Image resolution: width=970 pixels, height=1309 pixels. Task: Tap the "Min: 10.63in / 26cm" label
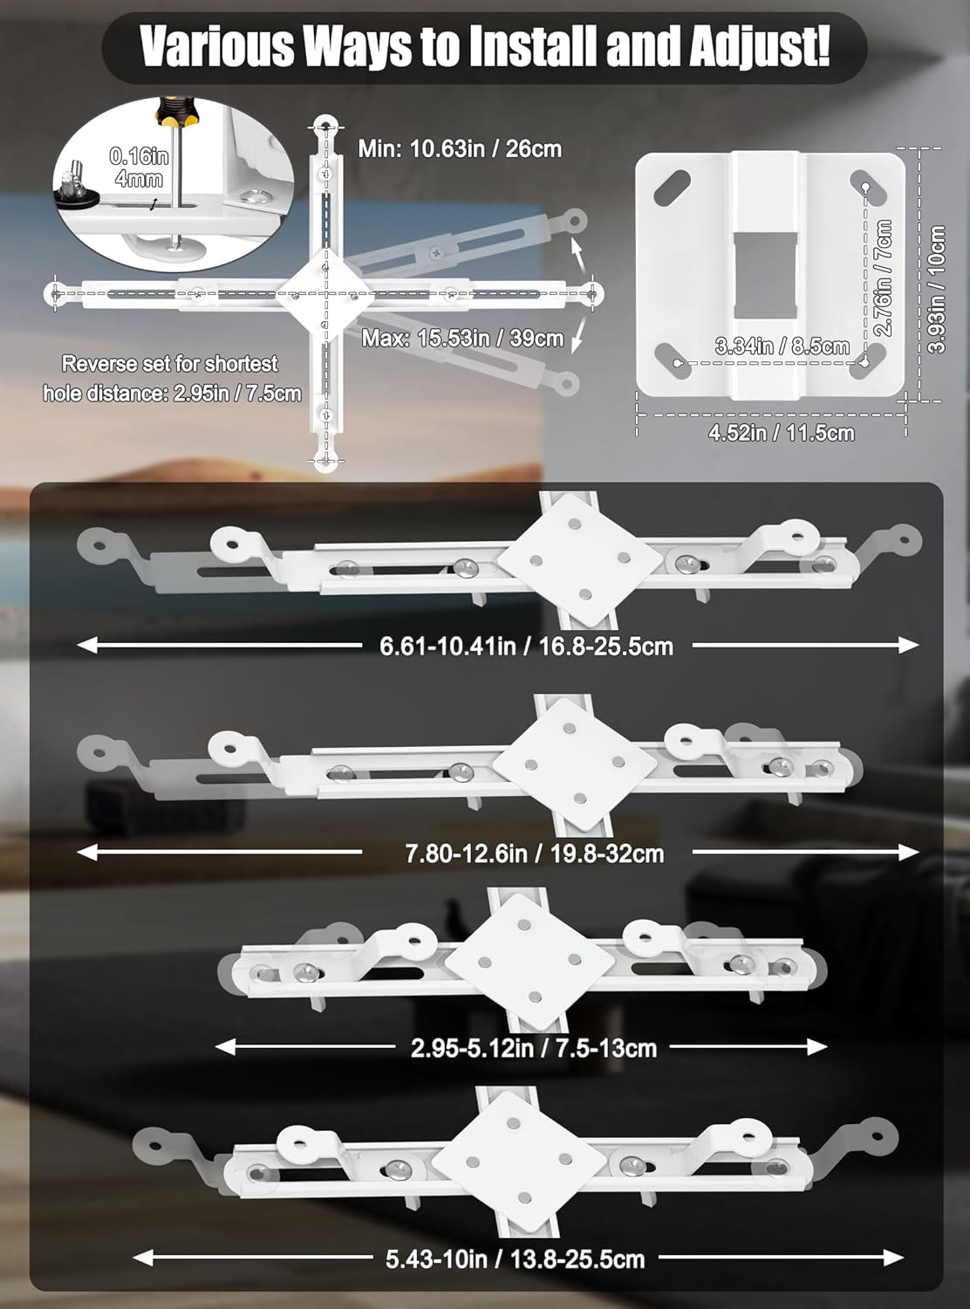461,148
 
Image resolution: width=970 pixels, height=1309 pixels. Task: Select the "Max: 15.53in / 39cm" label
462,339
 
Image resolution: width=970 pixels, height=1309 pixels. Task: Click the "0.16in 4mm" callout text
140,167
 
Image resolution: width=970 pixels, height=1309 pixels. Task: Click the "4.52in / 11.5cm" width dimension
782,433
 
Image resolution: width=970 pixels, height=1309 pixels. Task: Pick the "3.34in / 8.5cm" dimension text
782,346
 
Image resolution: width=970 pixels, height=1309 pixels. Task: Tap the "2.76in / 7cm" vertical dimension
884,278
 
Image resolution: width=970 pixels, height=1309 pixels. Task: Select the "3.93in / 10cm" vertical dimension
936,289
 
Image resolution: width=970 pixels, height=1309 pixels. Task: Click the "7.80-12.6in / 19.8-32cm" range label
535,853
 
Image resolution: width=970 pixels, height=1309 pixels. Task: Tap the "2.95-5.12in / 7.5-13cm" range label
534,1048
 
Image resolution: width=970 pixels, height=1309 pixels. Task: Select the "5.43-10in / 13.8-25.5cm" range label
515,1259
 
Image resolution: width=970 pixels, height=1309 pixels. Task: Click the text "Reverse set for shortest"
169,364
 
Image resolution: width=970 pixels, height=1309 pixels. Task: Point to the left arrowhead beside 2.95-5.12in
225,1047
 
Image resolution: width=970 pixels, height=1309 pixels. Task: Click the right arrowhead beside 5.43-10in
893,1258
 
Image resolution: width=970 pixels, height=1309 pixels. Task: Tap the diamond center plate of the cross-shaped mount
324,294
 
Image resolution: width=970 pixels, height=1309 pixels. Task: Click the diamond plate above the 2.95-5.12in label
529,962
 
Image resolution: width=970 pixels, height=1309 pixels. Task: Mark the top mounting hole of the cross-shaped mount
325,127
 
